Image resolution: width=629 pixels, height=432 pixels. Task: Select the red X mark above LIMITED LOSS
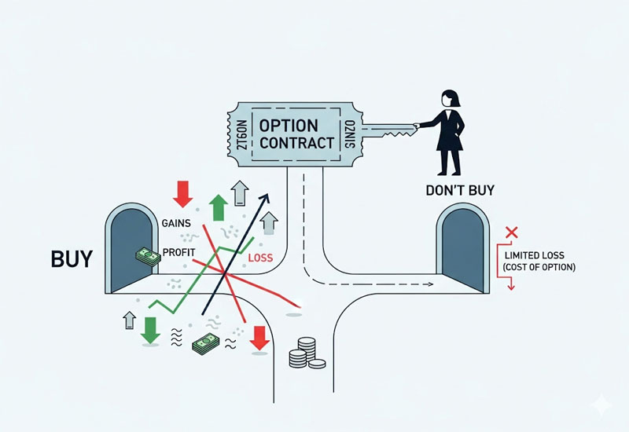(512, 232)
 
